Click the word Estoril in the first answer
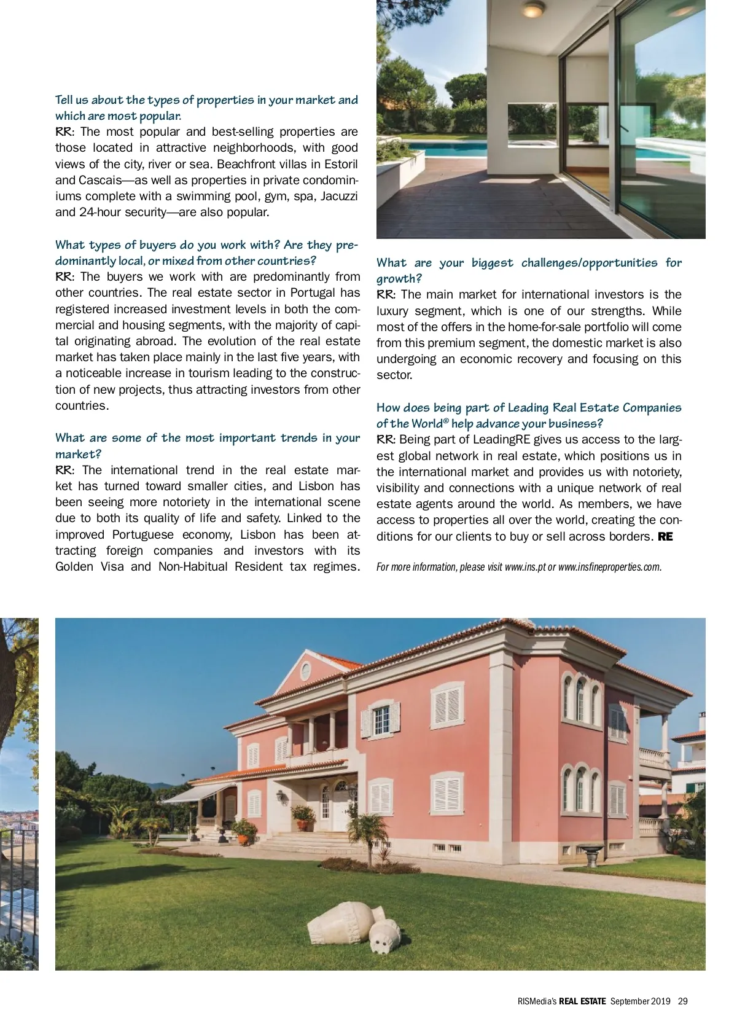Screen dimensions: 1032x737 (340, 164)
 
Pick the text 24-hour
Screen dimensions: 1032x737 (101, 212)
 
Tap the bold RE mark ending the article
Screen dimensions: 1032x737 (665, 536)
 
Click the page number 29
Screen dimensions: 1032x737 (683, 1001)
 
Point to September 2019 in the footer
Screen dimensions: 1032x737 (641, 1001)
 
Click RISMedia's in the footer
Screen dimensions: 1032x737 (537, 1001)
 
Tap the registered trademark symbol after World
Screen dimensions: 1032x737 (446, 421)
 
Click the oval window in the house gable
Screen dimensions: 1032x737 (306, 670)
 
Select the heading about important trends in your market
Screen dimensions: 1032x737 (208, 446)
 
